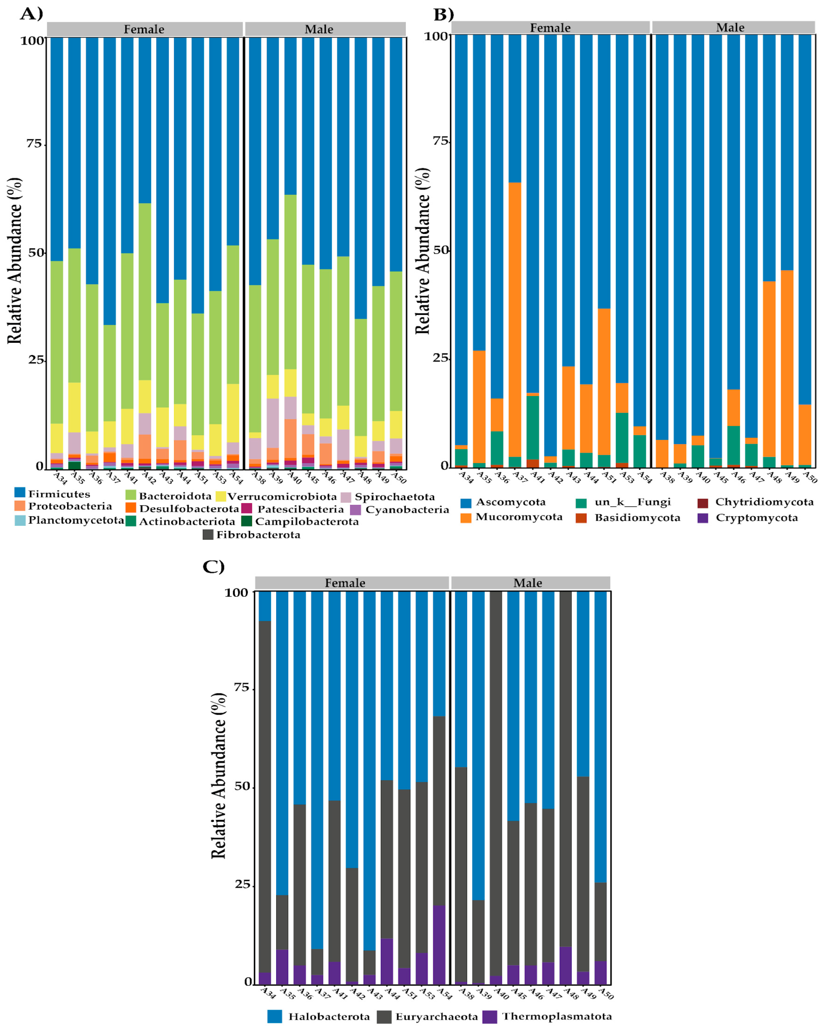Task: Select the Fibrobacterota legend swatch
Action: tap(208, 535)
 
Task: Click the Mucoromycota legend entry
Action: tap(511, 517)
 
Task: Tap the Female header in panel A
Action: tap(144, 29)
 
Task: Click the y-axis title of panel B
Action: tap(423, 251)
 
